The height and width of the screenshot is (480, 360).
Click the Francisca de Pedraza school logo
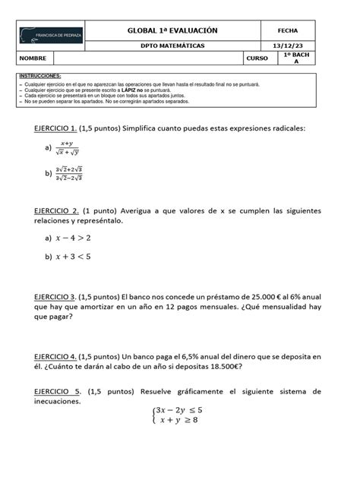click(49, 36)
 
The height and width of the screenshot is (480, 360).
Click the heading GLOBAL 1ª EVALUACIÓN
click(172, 30)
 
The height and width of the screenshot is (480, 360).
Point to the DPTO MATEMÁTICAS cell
click(172, 46)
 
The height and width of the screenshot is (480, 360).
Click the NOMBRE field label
click(33, 58)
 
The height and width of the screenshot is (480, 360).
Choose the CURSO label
click(257, 58)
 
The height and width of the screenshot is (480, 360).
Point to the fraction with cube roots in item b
click(69, 173)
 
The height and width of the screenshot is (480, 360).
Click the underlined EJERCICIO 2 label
click(56, 210)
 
